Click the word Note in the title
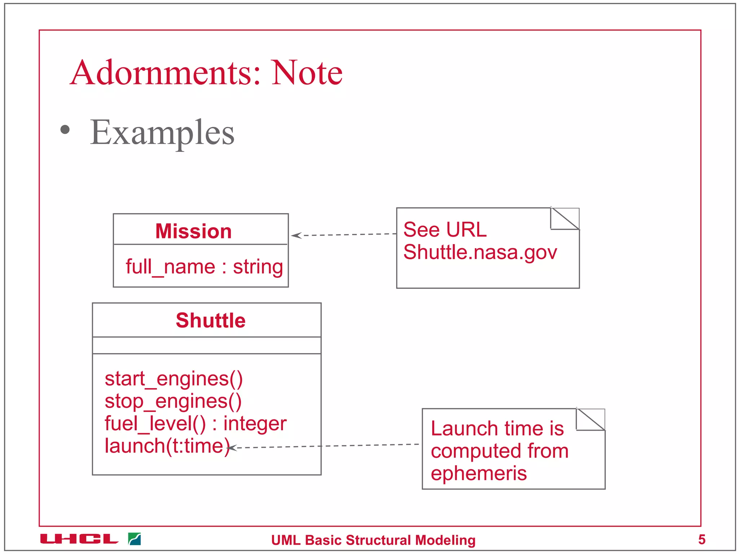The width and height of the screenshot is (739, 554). point(307,73)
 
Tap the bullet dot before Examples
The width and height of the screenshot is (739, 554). point(65,130)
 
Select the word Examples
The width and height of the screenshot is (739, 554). point(162,133)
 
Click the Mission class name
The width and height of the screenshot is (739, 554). point(193,231)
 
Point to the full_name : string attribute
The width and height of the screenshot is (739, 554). point(204,267)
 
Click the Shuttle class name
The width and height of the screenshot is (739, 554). point(210,320)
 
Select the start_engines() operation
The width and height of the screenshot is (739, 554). point(174,379)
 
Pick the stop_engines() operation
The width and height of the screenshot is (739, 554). point(173,401)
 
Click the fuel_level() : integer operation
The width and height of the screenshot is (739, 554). point(195,423)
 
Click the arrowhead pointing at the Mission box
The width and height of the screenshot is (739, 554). point(296,236)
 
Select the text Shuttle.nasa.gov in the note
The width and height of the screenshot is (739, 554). point(480,252)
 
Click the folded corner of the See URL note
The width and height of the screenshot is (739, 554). point(565,219)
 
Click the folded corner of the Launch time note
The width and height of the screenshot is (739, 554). point(591,419)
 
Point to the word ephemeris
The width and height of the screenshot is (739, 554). point(478,473)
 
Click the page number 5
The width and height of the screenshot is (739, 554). point(701,540)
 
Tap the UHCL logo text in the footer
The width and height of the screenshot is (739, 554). point(79,539)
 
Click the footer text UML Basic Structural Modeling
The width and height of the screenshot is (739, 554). point(373,540)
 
